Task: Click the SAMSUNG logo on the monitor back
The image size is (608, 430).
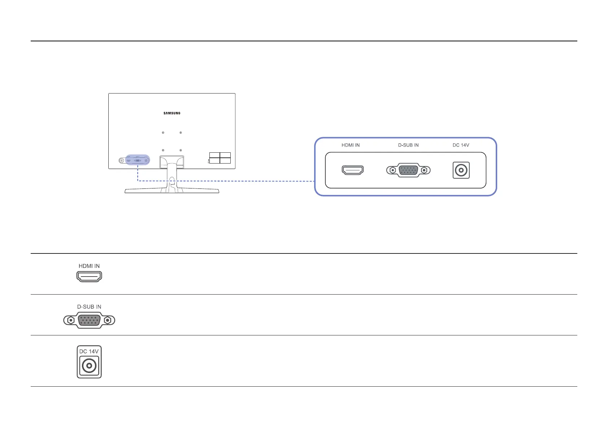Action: (172, 113)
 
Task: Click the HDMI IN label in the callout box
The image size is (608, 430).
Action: (351, 145)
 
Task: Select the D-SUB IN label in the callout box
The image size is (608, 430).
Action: (408, 145)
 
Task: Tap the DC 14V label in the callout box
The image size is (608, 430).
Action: (461, 145)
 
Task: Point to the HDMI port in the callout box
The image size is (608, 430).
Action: (353, 170)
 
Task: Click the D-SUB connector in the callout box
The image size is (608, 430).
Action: (408, 170)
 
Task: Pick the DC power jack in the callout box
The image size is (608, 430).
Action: (461, 170)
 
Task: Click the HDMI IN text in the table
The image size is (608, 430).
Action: (89, 266)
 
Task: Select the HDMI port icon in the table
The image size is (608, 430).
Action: (89, 277)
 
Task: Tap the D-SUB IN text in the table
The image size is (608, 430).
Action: (89, 307)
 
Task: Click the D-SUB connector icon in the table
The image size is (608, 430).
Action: (89, 320)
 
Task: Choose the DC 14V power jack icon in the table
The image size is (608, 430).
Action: (89, 366)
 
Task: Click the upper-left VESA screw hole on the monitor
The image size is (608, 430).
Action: (163, 133)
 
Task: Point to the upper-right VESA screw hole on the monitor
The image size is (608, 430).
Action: (181, 133)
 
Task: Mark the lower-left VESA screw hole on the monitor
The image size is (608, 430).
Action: (163, 150)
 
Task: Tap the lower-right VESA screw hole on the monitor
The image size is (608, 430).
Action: (181, 150)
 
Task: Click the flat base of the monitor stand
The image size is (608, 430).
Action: (172, 191)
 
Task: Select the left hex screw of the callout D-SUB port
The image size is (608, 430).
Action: (393, 170)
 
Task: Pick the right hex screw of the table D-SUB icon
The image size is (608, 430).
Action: (107, 320)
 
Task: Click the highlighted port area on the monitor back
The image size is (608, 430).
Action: (138, 160)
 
